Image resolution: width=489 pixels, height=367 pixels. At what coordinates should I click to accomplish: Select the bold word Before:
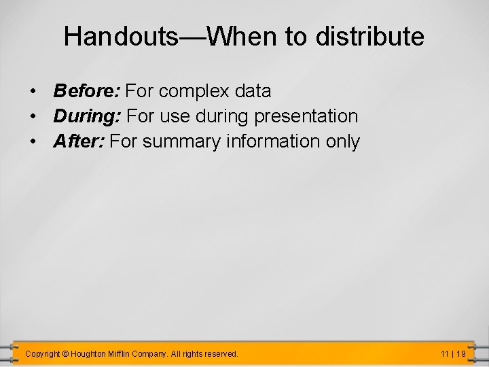click(87, 90)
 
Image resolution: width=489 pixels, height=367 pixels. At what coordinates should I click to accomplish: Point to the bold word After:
click(79, 141)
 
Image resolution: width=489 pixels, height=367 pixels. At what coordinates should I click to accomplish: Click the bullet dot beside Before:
click(32, 91)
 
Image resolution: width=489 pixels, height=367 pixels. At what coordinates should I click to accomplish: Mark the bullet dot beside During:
click(32, 117)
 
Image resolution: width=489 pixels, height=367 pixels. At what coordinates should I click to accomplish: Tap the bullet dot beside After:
click(32, 142)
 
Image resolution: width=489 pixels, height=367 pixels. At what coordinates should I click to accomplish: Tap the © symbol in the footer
click(65, 354)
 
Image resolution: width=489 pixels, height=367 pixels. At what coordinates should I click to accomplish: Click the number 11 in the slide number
click(445, 354)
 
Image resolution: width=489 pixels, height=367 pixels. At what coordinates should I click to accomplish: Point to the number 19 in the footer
click(460, 354)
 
